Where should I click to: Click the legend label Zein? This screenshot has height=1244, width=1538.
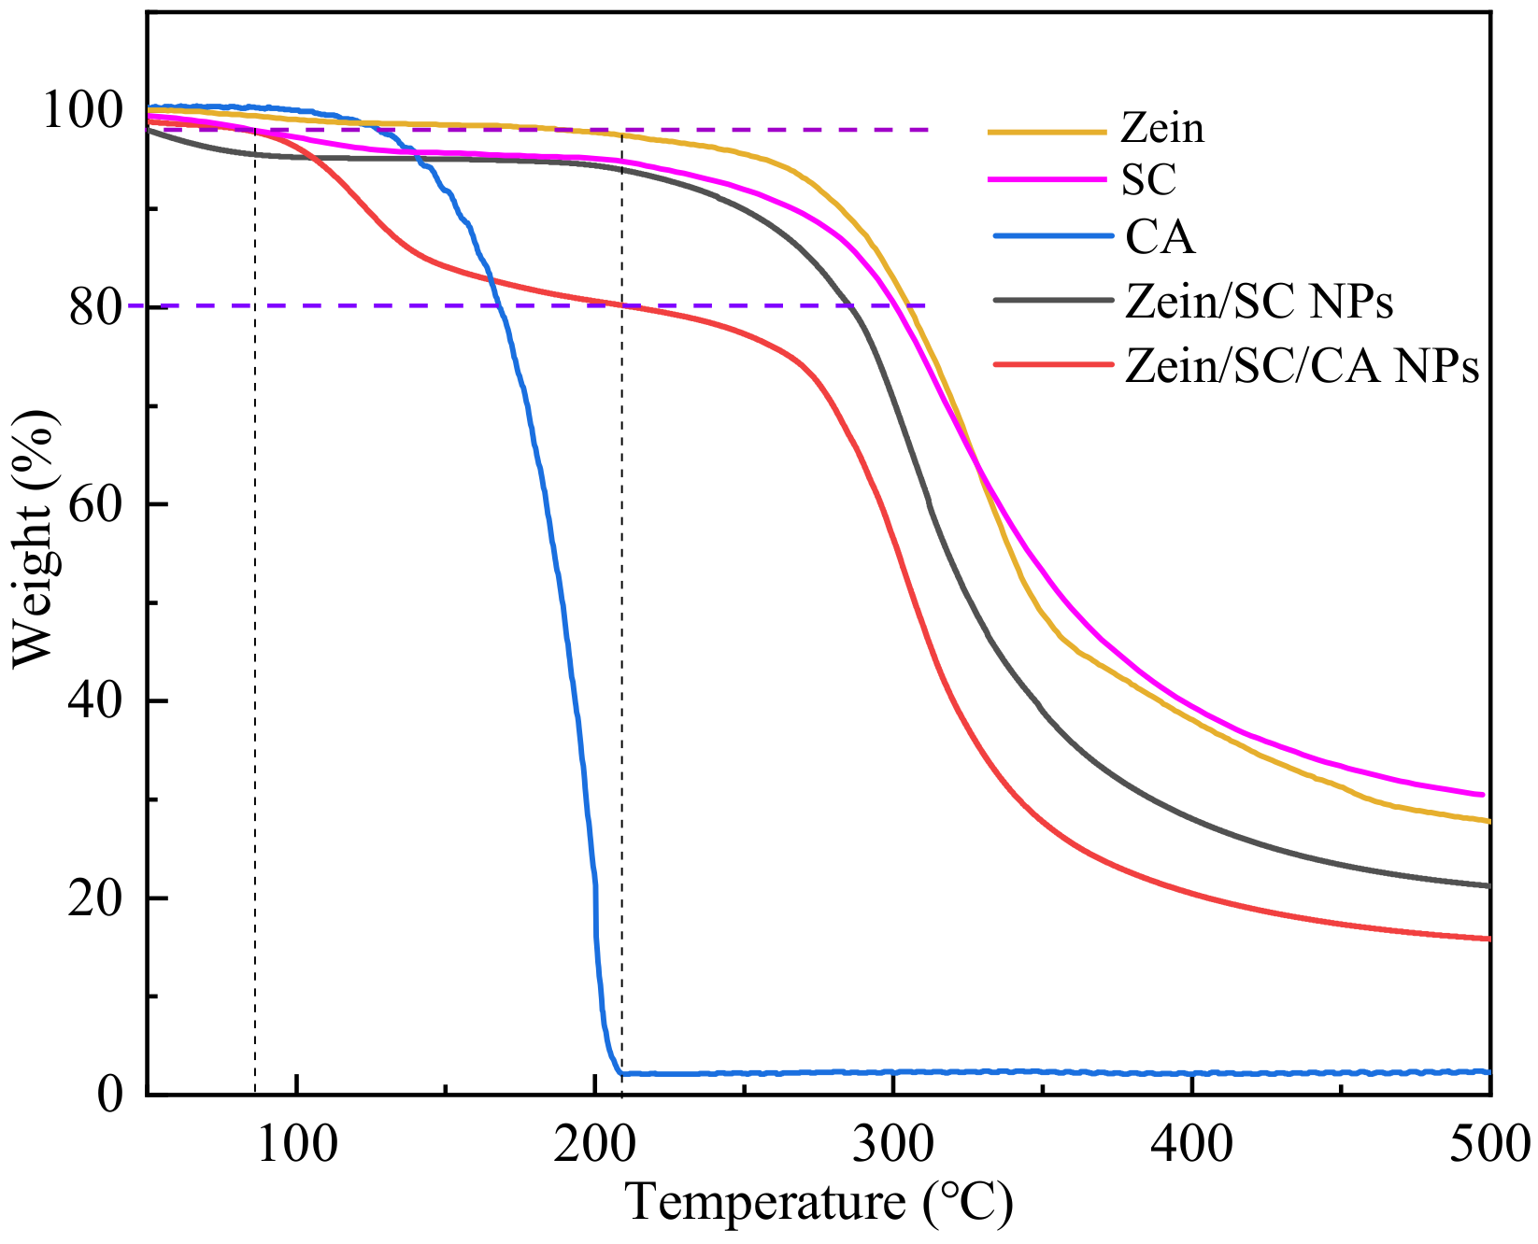tap(1162, 127)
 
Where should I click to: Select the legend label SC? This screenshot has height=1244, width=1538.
tap(1148, 179)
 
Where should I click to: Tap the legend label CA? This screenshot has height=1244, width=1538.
tap(1160, 237)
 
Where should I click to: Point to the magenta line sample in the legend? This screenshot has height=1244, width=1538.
tap(1047, 178)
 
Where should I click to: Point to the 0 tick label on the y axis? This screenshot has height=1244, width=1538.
tap(110, 1094)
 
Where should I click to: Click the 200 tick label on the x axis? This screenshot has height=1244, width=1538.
tap(595, 1145)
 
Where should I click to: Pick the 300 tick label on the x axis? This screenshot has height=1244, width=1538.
tap(894, 1145)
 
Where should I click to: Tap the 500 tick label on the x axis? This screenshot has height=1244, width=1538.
tap(1489, 1145)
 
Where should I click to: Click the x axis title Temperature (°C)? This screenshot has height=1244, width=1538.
tap(819, 1203)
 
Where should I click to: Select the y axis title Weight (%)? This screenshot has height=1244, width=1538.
tap(36, 540)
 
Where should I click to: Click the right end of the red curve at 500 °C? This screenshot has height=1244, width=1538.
tap(1488, 939)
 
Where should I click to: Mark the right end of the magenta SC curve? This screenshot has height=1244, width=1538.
tap(1483, 795)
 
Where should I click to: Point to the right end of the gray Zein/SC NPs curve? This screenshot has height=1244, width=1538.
tap(1488, 885)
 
